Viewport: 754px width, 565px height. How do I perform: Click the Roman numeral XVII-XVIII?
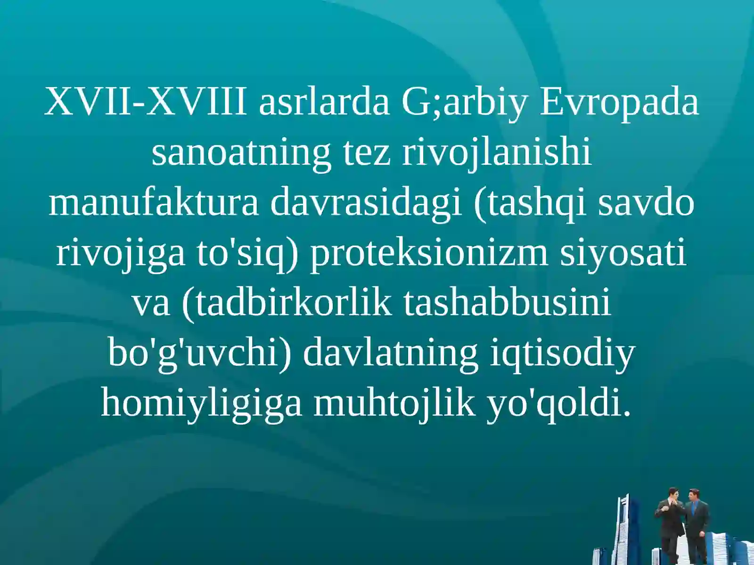click(146, 102)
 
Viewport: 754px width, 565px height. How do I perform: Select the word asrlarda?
click(324, 102)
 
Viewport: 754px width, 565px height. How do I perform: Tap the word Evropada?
click(619, 102)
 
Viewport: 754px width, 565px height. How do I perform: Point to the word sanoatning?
click(241, 153)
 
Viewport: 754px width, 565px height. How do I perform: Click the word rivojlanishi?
click(497, 153)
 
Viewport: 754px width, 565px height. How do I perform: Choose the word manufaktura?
click(154, 203)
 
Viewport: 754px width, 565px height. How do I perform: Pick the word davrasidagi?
click(366, 203)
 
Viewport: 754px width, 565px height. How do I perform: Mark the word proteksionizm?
click(429, 253)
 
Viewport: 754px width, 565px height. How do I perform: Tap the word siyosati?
click(623, 253)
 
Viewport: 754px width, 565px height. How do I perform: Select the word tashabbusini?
click(507, 303)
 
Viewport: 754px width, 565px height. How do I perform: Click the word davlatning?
click(390, 353)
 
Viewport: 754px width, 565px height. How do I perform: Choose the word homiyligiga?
click(201, 404)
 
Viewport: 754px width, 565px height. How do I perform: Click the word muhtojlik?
click(394, 404)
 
